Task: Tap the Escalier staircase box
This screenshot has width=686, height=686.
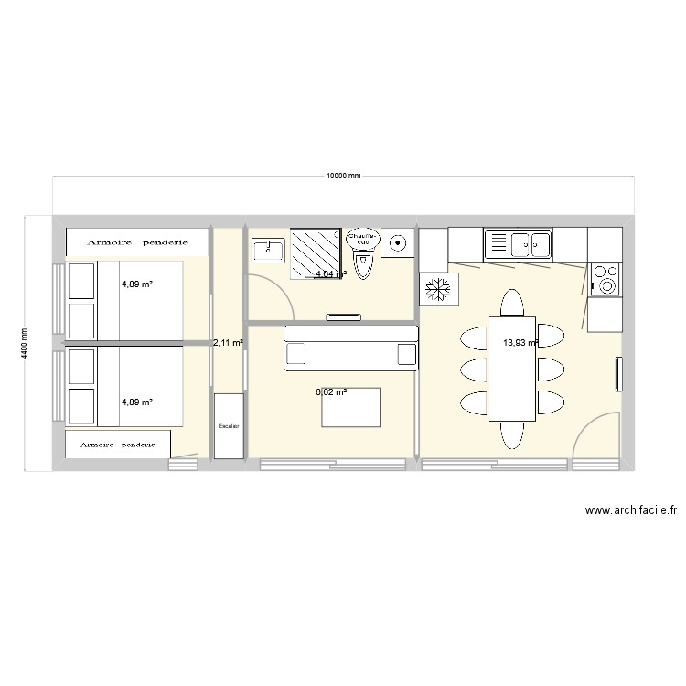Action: pyautogui.click(x=229, y=425)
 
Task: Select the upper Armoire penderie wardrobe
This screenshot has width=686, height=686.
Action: pyautogui.click(x=137, y=242)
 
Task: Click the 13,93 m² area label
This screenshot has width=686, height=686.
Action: pyautogui.click(x=519, y=343)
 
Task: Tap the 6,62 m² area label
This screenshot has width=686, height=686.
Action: pyautogui.click(x=331, y=392)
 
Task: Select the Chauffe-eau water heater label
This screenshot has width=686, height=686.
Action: pyautogui.click(x=363, y=237)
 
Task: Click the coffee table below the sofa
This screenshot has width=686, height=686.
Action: pyautogui.click(x=350, y=407)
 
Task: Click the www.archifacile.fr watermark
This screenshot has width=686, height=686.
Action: pyautogui.click(x=630, y=511)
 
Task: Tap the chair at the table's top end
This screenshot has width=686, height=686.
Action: pyautogui.click(x=511, y=303)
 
